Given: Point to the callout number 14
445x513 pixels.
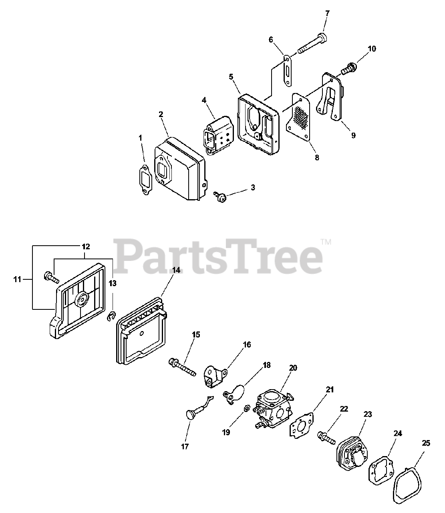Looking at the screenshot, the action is (x=176, y=270).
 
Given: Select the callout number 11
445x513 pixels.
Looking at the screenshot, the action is (x=17, y=279).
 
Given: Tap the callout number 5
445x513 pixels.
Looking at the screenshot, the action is (x=231, y=77).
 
